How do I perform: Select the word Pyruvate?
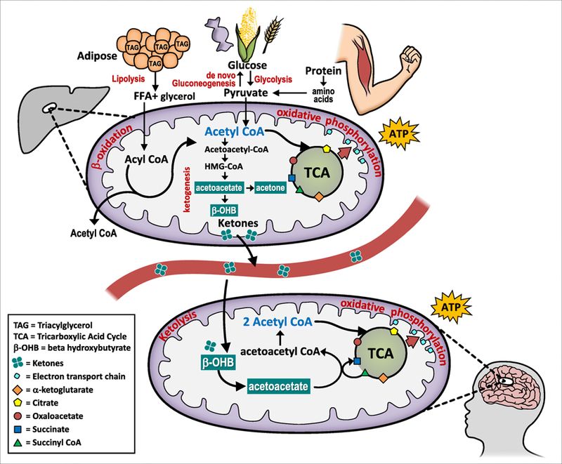244,92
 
